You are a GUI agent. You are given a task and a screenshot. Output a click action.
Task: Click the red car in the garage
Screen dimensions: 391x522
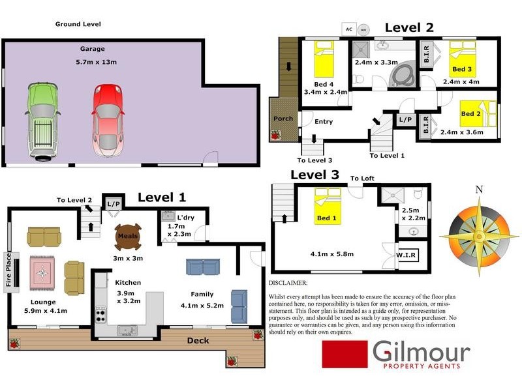107,120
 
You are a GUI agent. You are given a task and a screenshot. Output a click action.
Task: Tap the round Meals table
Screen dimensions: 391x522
127,237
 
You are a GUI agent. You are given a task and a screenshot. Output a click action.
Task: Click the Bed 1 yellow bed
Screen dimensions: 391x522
325,207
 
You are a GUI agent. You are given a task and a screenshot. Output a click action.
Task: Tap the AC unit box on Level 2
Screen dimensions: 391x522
349,29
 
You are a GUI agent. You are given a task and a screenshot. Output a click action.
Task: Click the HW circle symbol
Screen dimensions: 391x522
363,29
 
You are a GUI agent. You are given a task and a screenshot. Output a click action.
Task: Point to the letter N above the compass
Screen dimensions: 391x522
479,190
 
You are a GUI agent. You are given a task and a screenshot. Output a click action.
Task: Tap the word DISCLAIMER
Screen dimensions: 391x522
288,283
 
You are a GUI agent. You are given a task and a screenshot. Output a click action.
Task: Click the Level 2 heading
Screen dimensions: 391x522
409,27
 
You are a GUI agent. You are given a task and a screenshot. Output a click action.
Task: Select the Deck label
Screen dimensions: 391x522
198,340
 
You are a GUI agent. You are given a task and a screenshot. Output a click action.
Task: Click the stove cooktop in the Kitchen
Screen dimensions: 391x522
101,316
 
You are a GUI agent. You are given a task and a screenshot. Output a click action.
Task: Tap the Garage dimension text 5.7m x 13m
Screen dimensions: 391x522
97,63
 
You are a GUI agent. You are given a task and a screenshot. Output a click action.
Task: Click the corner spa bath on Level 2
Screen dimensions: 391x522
401,74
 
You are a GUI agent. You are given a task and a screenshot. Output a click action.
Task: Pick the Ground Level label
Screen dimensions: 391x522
78,24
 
